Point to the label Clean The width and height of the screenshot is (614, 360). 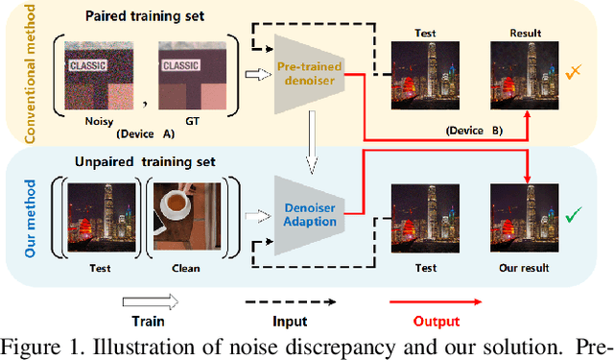tap(186, 268)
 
